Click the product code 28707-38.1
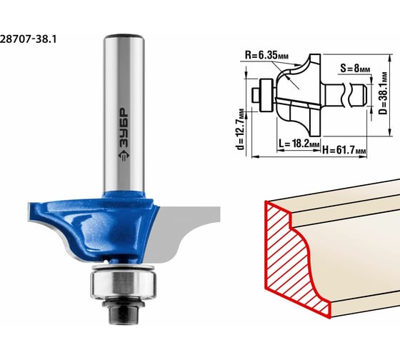pos(28,39)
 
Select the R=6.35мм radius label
pos(267,55)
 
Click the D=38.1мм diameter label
pos(383,94)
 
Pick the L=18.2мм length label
pos(299,144)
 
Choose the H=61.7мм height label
pos(344,150)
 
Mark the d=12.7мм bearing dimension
pos(240,129)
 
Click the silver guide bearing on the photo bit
pos(124,284)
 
